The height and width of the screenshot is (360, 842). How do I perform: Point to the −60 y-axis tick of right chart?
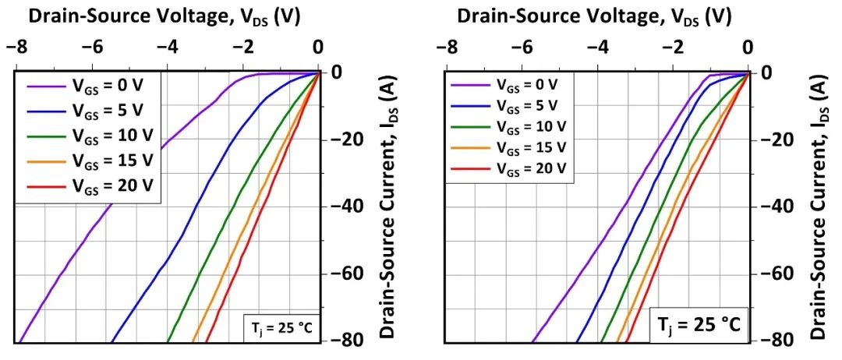(x=780, y=274)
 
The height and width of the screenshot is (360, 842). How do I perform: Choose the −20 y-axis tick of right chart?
(x=780, y=139)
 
